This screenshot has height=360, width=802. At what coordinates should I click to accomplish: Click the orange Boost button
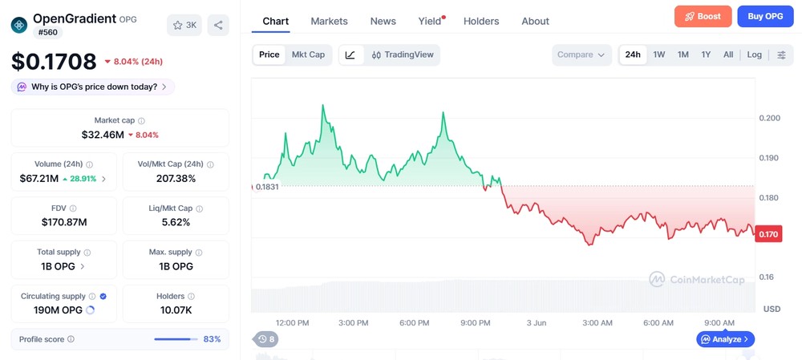point(703,16)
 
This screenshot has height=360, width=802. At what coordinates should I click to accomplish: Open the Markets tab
point(329,21)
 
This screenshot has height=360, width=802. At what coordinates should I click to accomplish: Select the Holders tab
point(480,21)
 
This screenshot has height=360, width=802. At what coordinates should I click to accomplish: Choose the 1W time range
point(658,55)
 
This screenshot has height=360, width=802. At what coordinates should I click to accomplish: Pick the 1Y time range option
point(706,55)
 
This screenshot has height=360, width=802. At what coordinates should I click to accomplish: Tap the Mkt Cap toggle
point(308,55)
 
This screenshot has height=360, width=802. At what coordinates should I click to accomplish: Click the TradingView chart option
point(403,55)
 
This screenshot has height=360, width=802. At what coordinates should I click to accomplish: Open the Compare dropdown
point(581,55)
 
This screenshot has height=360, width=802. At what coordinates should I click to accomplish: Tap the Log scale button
point(754,55)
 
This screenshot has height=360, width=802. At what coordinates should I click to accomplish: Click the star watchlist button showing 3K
point(184,25)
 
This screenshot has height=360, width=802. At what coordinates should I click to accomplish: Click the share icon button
point(218,25)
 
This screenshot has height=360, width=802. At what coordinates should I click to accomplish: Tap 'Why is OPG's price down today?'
point(93,87)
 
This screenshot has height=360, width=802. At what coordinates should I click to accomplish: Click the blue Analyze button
point(725,338)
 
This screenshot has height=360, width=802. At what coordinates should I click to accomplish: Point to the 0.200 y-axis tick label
point(769,118)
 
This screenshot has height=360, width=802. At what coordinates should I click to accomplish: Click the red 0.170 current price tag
point(768,235)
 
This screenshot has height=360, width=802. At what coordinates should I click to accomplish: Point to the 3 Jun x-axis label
point(536,322)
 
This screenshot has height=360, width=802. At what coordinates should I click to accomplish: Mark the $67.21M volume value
point(38,179)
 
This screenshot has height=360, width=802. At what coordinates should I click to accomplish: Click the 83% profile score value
point(213,339)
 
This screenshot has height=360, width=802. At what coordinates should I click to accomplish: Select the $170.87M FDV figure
point(64,222)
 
